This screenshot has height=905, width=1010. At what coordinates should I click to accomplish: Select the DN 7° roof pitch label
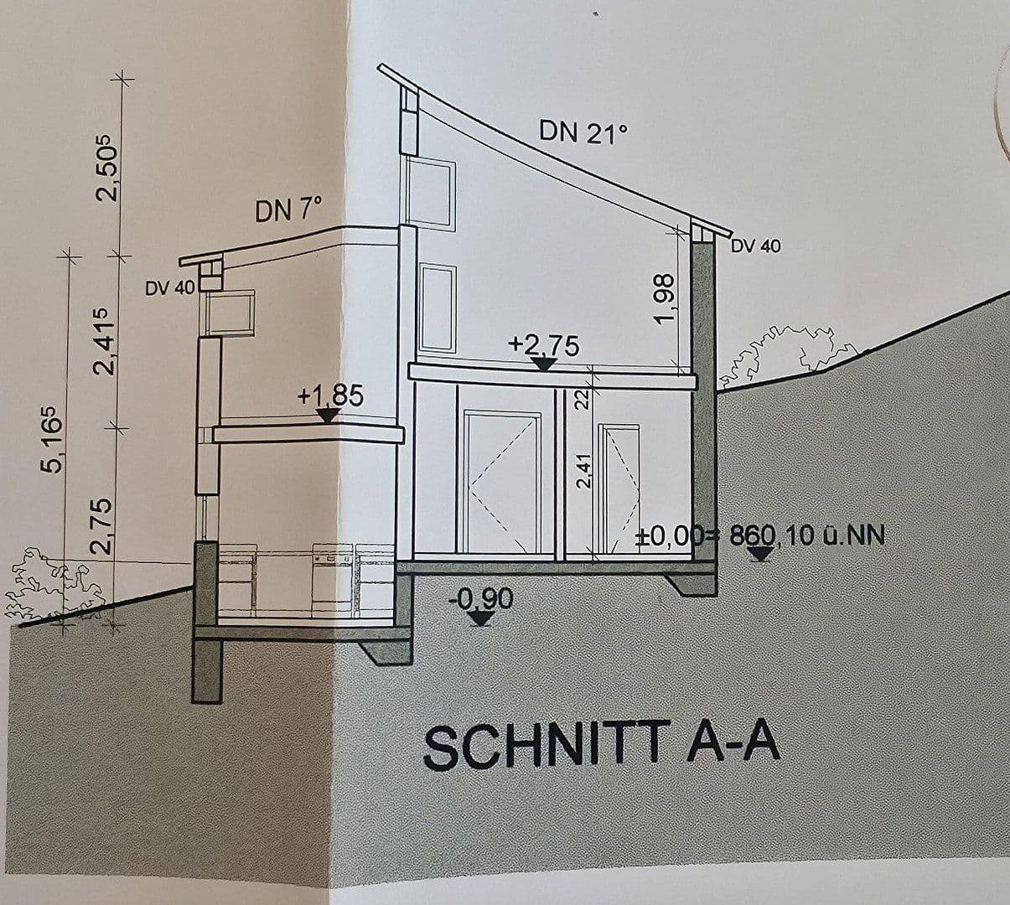(x=288, y=209)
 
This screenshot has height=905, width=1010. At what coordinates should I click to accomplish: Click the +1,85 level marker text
(x=331, y=396)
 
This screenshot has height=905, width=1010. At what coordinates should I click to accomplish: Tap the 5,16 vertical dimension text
(x=54, y=438)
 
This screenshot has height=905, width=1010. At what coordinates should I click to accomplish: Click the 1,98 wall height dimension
(x=666, y=298)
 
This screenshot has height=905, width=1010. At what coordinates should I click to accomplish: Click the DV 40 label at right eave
(x=756, y=246)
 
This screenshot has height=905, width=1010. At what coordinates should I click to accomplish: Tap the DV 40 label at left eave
(x=170, y=288)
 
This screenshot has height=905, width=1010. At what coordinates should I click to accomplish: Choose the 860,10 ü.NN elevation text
(x=806, y=536)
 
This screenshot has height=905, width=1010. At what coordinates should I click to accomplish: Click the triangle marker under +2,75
(x=543, y=365)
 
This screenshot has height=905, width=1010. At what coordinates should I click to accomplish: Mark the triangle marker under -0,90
(x=482, y=618)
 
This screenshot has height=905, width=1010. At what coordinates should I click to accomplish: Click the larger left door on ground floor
(x=502, y=481)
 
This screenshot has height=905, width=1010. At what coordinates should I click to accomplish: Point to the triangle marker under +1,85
(x=329, y=416)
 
